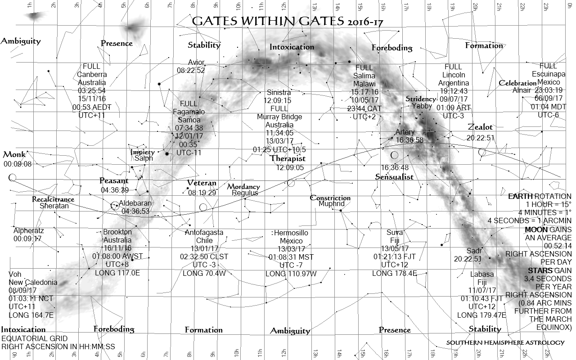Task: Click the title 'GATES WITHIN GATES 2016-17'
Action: (x=287, y=22)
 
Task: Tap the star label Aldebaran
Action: (x=135, y=203)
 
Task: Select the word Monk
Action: (x=14, y=155)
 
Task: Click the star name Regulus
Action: (x=245, y=193)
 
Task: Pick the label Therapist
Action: (x=288, y=158)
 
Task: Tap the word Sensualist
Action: (x=394, y=177)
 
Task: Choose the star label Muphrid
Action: (x=331, y=204)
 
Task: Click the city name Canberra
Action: (x=92, y=74)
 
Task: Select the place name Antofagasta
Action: (x=204, y=233)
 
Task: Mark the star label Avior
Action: (x=196, y=62)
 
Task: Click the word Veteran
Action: (x=202, y=183)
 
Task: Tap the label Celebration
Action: (x=517, y=83)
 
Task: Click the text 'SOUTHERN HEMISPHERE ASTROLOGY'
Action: (x=505, y=343)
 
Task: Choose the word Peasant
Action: (x=114, y=181)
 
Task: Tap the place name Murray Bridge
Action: (x=279, y=117)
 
